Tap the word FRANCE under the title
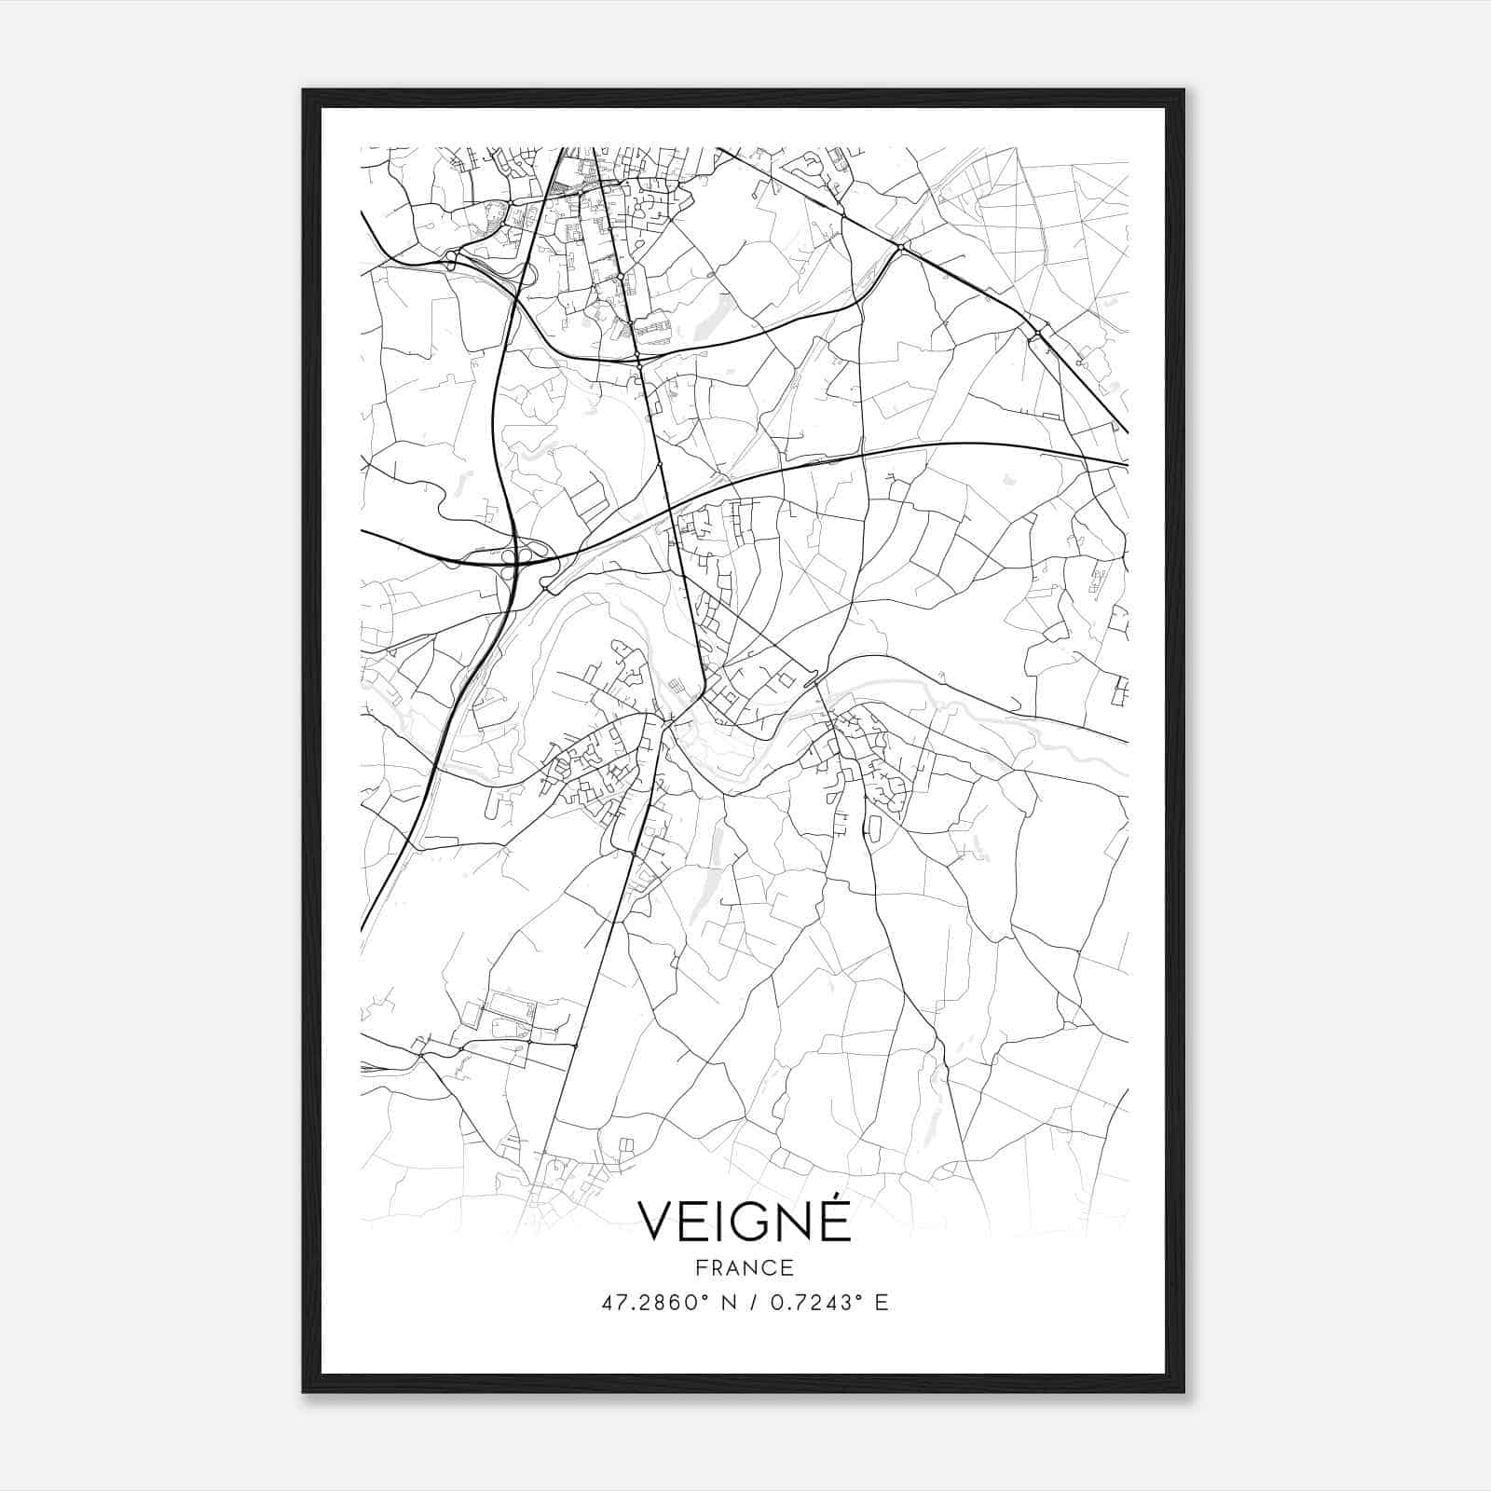[x=745, y=1267]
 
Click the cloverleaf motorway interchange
[x=515, y=557]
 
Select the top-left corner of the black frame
[x=305, y=91]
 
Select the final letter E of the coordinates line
[x=882, y=1303]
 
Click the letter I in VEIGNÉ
[x=721, y=1221]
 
